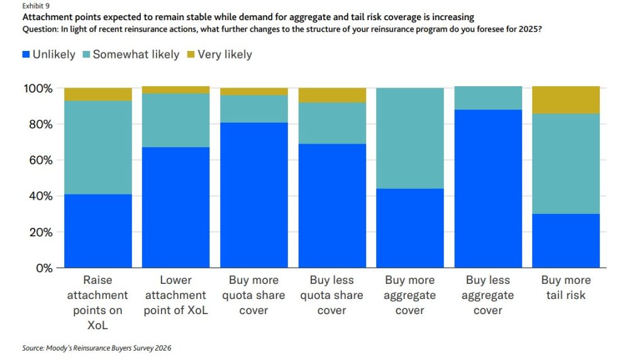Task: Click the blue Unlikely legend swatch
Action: point(25,55)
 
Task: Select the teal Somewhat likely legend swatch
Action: point(87,55)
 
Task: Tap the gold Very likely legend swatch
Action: point(191,55)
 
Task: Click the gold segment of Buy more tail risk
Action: point(565,100)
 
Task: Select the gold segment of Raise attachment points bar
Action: point(97,94)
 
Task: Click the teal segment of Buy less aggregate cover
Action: point(487,98)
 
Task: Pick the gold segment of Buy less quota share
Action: point(331,95)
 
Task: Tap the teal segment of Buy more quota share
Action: point(253,109)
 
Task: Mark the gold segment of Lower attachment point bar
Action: point(175,90)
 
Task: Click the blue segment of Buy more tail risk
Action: point(565,240)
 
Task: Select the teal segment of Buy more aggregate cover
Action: point(409,138)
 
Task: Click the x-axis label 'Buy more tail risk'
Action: point(565,288)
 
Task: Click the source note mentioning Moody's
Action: point(96,347)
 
